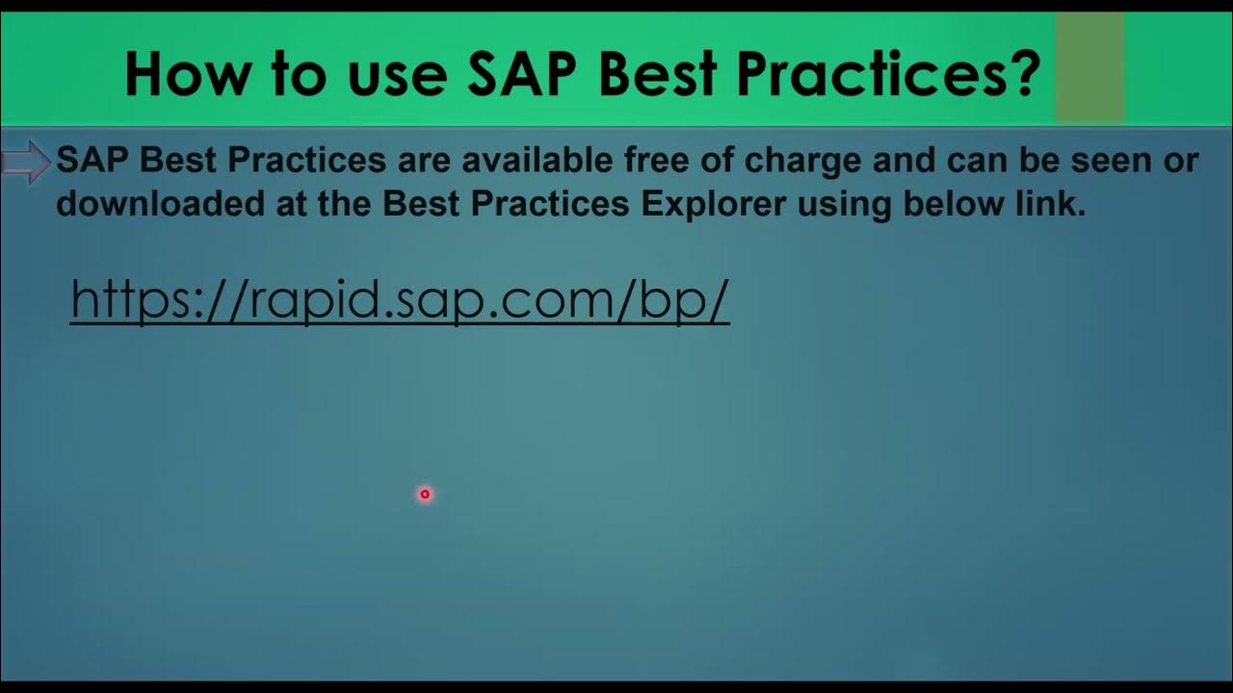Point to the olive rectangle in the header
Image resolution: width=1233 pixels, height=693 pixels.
tap(1089, 67)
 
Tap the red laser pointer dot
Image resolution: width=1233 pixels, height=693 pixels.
tap(425, 494)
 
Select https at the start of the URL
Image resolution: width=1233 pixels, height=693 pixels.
tap(127, 300)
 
